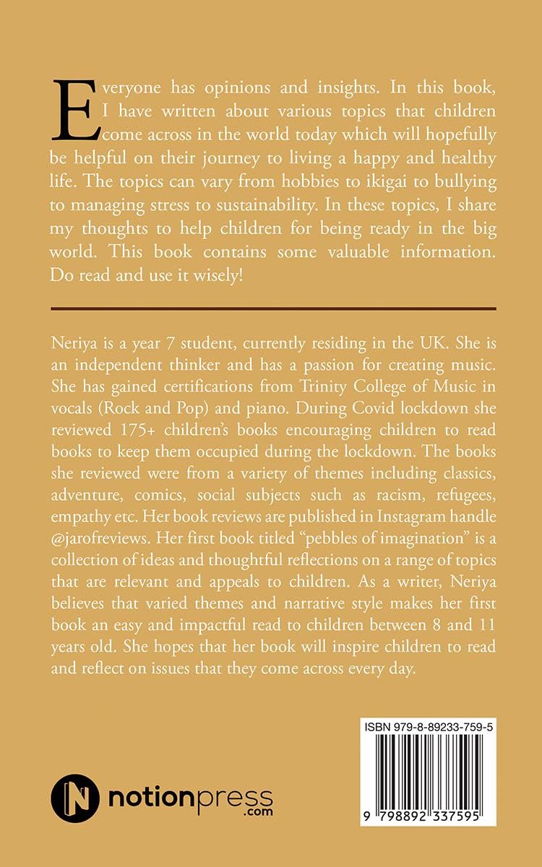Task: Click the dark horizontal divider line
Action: pyautogui.click(x=273, y=309)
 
